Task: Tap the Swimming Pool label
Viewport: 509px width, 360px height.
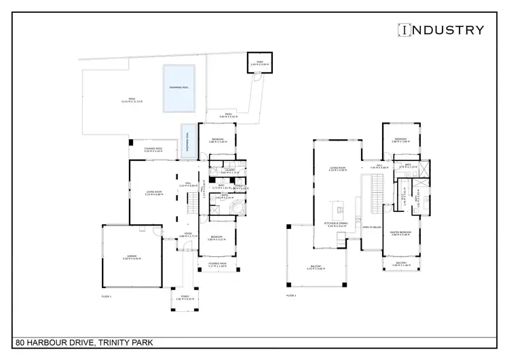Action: (179, 88)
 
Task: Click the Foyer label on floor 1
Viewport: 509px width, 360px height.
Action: (186, 234)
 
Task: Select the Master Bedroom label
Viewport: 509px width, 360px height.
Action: (402, 234)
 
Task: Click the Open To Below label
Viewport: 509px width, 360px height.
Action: (371, 228)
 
